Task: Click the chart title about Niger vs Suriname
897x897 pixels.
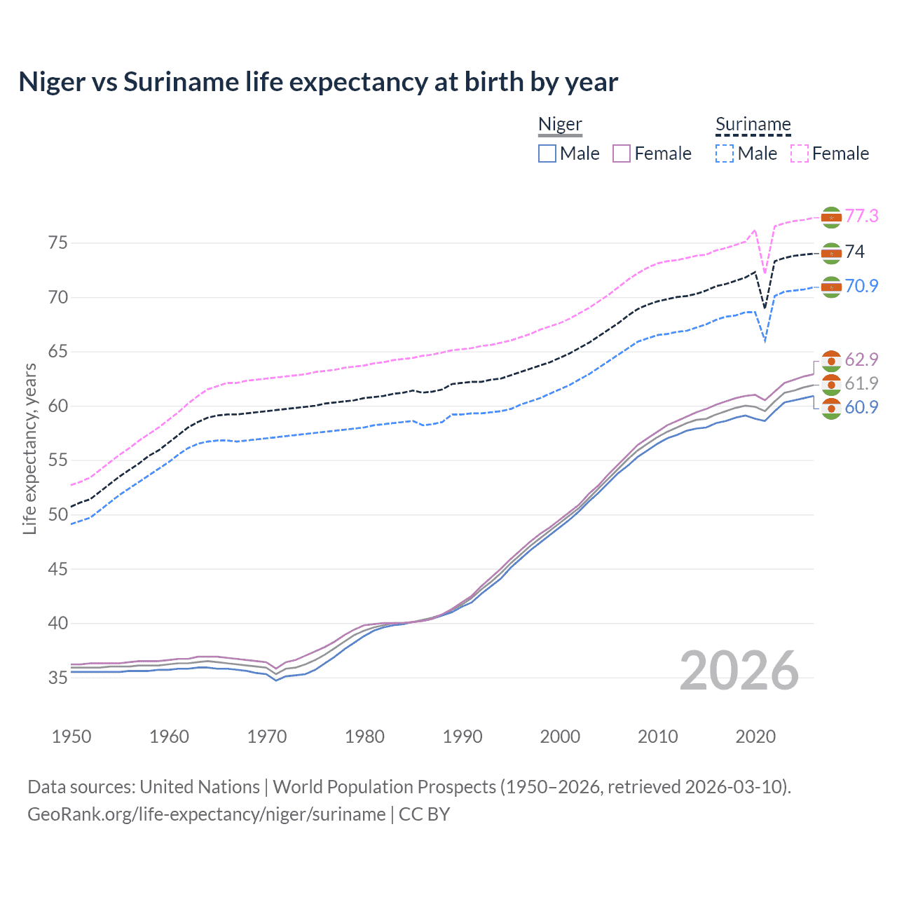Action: tap(318, 82)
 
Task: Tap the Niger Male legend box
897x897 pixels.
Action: tap(547, 153)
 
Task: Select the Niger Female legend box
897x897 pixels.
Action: tap(622, 153)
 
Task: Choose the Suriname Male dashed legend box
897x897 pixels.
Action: tap(725, 153)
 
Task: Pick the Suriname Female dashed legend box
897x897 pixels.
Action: tap(800, 153)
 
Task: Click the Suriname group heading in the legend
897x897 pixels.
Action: tap(753, 125)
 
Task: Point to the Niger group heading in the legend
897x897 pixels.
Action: tap(560, 125)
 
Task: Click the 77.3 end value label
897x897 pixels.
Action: tap(861, 216)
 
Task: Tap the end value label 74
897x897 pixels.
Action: tap(855, 252)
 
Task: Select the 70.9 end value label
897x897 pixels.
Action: tap(861, 286)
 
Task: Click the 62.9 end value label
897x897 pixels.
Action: tap(861, 360)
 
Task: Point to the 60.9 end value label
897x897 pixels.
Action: tap(861, 407)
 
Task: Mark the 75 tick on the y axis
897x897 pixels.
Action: tap(58, 243)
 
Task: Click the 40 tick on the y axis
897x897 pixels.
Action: tap(58, 623)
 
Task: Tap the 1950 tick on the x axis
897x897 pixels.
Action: tap(71, 737)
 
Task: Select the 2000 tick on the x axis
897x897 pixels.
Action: tap(560, 737)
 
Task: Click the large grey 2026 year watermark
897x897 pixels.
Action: tap(739, 671)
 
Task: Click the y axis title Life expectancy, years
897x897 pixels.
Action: tap(29, 448)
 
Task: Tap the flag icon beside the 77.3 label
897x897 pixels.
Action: tap(831, 217)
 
